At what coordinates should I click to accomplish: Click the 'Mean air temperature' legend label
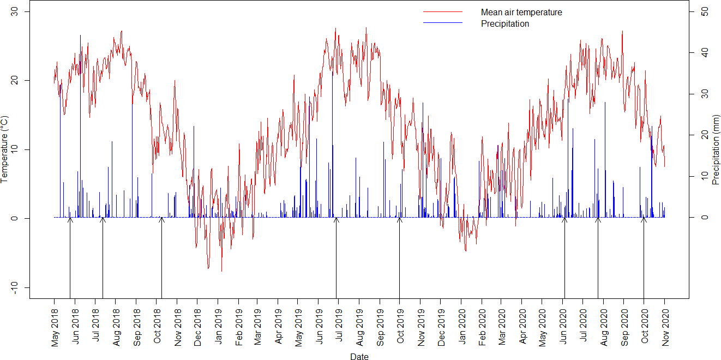pyautogui.click(x=521, y=12)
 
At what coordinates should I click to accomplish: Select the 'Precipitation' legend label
pyautogui.click(x=504, y=23)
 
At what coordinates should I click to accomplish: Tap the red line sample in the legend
pyautogui.click(x=442, y=12)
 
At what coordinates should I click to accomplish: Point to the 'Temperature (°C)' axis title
pyautogui.click(x=5, y=149)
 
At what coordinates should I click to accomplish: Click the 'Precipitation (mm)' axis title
pyautogui.click(x=716, y=149)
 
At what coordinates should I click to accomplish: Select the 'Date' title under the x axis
pyautogui.click(x=359, y=357)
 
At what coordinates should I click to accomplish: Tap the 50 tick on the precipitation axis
pyautogui.click(x=705, y=11)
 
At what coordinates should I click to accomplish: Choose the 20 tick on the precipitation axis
pyautogui.click(x=705, y=135)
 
